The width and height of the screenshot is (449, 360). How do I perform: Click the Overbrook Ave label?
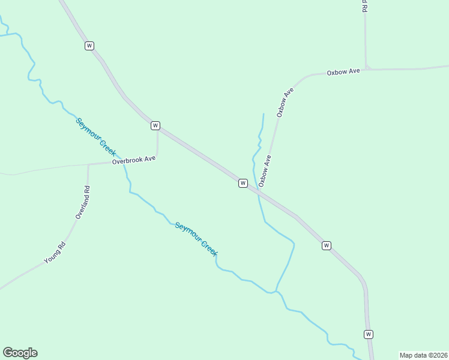(133, 160)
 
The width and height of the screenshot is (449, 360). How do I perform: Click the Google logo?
(20, 353)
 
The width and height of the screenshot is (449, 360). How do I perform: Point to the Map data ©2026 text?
(424, 355)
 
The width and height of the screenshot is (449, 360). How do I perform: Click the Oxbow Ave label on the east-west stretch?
(343, 72)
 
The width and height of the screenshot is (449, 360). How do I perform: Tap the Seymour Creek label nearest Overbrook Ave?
(95, 137)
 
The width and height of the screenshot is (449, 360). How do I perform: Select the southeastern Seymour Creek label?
(196, 239)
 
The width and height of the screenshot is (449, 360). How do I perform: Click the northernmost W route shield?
(89, 46)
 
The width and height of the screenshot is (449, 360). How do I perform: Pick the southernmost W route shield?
(369, 334)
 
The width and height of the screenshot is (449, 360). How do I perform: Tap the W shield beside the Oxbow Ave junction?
(243, 183)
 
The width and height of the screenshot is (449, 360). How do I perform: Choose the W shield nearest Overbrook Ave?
(155, 125)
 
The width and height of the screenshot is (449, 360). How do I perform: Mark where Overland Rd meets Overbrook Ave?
(88, 164)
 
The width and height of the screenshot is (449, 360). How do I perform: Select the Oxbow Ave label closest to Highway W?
(265, 170)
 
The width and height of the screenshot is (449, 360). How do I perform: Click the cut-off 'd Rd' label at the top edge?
(364, 7)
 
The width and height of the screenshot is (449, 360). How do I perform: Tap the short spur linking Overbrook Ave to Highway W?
(157, 144)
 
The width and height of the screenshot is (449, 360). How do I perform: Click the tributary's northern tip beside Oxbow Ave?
(264, 114)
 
